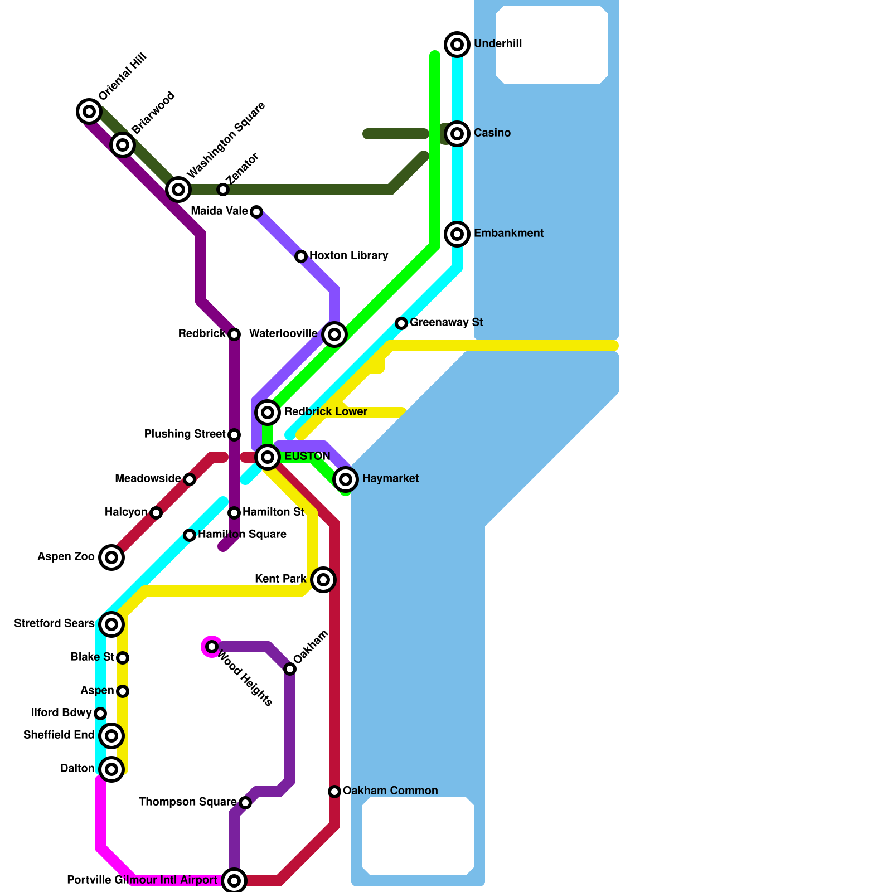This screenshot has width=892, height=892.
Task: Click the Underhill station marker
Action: point(457,44)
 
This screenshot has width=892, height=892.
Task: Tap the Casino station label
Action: point(492,133)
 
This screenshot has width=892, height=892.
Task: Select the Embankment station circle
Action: point(457,234)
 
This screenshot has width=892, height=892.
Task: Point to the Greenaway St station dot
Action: point(401,323)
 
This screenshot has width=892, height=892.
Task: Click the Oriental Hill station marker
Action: point(89,111)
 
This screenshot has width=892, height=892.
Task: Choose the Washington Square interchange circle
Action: point(178,190)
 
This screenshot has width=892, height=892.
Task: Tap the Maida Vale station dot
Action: point(256,212)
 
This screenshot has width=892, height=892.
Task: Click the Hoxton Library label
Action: point(348,256)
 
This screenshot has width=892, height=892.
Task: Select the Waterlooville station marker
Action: point(334,334)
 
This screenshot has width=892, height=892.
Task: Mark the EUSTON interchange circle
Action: point(268,457)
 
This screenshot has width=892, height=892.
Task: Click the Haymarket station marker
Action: point(346,479)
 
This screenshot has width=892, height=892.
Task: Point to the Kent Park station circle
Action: point(323,580)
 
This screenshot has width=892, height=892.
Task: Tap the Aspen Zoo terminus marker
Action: point(111,557)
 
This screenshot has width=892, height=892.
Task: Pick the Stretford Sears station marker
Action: point(111,624)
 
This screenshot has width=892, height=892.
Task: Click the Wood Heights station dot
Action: point(212,647)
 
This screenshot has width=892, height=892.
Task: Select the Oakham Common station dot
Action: point(334,792)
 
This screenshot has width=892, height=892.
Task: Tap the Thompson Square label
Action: point(187,802)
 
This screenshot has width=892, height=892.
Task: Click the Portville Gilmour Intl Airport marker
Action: point(234,881)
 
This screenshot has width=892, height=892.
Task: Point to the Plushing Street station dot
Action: point(234,435)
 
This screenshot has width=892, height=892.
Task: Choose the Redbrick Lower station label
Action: point(326,412)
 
